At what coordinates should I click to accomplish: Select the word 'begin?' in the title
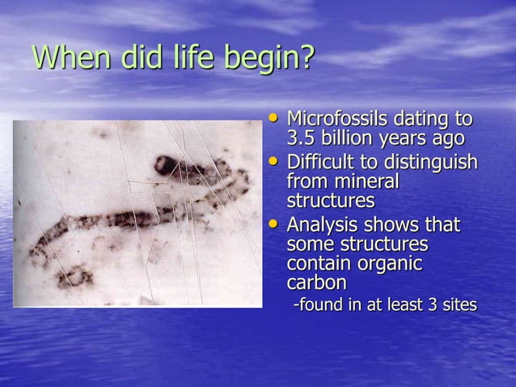(271, 59)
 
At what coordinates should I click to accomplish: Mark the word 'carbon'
(316, 283)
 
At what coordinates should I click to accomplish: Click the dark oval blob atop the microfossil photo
(168, 167)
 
